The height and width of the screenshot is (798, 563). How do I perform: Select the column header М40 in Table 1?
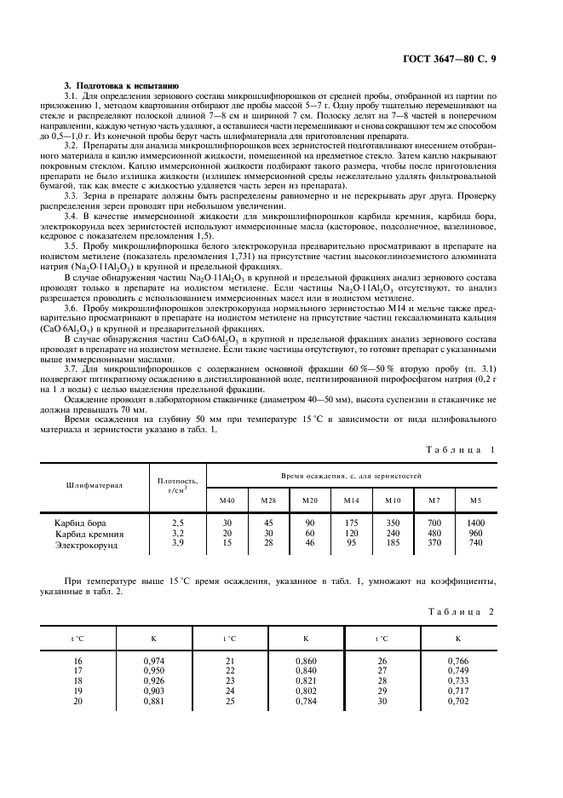tap(227, 500)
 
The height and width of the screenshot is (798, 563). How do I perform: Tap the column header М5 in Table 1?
tap(475, 500)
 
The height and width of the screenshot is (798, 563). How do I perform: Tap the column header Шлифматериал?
tap(95, 484)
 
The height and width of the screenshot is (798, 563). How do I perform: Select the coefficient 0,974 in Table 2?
tap(152, 660)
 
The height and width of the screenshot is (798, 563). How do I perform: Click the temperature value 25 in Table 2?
tap(229, 701)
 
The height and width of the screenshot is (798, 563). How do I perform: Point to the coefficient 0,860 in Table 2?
tap(305, 660)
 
